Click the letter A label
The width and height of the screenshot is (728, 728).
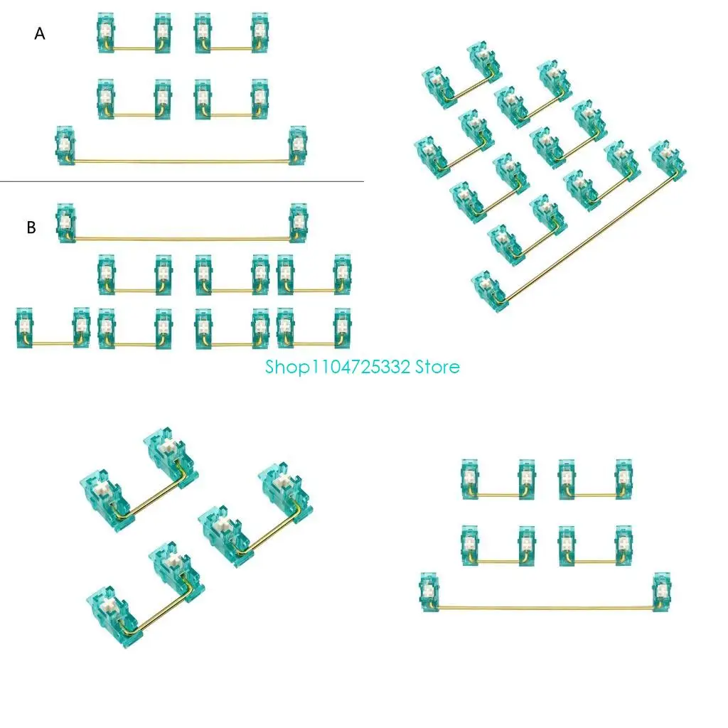40,33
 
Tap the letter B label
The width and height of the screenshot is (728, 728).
31,228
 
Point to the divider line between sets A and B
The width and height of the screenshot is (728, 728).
181,181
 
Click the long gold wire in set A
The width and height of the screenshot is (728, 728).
181,161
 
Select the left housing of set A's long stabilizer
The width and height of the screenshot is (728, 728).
65,145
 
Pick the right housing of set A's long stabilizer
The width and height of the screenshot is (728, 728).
298,145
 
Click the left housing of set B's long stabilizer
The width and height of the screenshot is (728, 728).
65,221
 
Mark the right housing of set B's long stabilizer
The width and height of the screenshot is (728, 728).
298,221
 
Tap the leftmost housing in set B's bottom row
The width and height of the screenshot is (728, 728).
24,327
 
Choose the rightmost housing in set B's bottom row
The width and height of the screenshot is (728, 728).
342,327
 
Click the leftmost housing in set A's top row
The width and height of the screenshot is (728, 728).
106,32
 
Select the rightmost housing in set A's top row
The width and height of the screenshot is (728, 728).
261,32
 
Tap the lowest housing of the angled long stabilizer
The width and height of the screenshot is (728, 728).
490,291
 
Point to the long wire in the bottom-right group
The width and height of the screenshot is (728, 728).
545,608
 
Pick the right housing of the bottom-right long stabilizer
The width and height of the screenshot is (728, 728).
661,591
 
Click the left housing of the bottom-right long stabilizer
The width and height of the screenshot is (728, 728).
429,591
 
